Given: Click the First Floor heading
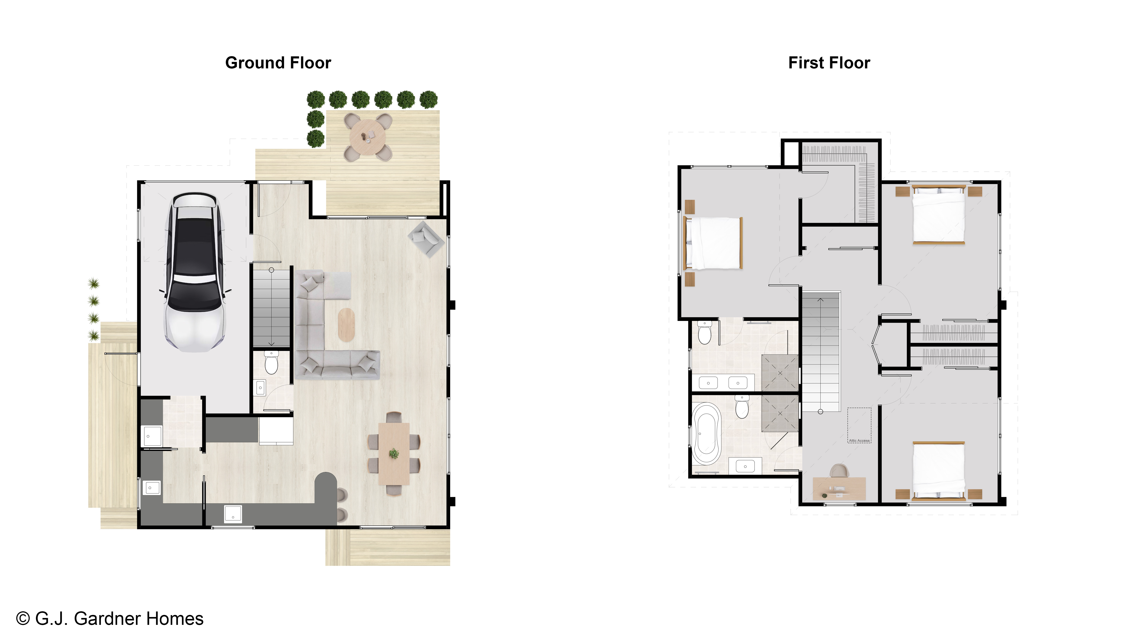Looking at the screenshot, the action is coord(829,63).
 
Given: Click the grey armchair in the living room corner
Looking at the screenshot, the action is coord(426,239).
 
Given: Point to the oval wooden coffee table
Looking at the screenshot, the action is coord(347,325).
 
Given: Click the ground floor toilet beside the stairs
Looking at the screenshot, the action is coord(271,362).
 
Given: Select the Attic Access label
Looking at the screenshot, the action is coord(859,441).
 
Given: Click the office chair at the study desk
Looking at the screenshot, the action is coord(839,471).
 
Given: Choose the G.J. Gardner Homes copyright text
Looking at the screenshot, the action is coord(110,619).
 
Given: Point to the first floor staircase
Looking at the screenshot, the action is coord(821,351).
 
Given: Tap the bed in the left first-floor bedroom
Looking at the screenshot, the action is coord(713,243).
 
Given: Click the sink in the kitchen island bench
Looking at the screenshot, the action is coord(233,513).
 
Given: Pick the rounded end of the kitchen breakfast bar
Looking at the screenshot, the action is coord(326,481).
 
